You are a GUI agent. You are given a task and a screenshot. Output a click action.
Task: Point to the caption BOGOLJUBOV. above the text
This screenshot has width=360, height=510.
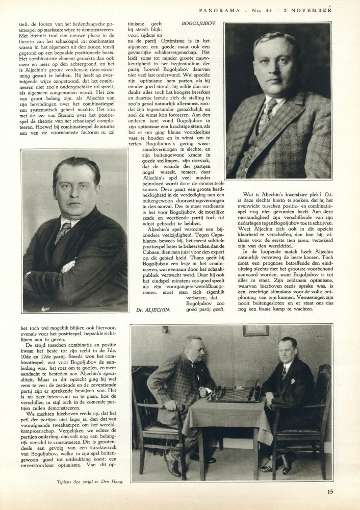(x=199, y=23)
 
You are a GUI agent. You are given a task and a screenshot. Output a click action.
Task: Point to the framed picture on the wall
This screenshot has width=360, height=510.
(x=255, y=330)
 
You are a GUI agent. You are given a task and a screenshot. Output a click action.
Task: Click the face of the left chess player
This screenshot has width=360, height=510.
(x=194, y=348)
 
